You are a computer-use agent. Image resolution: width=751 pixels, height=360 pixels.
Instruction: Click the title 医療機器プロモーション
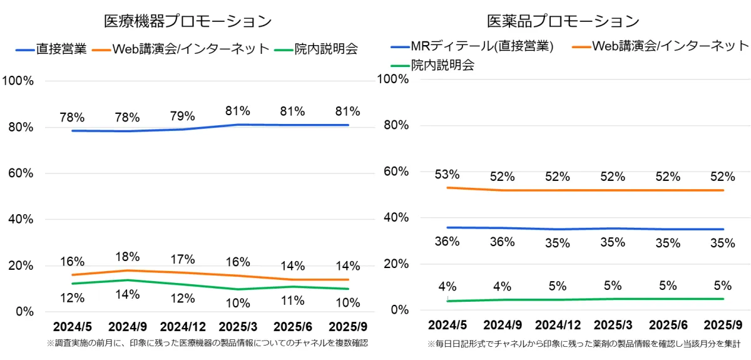[x=188, y=21]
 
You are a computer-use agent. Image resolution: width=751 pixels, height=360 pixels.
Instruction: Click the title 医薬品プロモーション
[x=563, y=21]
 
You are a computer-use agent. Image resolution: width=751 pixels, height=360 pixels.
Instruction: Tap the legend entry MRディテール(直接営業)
[x=483, y=46]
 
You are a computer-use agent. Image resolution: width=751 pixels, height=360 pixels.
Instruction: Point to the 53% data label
[x=447, y=174]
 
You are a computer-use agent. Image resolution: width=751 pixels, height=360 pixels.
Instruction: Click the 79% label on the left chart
[x=182, y=116]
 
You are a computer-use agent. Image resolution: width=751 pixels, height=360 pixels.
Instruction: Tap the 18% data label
[x=128, y=257]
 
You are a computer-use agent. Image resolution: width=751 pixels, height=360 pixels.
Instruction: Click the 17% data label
[x=182, y=259]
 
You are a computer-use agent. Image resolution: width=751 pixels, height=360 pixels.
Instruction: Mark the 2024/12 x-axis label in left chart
[x=182, y=327]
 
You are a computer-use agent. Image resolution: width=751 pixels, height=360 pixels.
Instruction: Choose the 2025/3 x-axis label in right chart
[x=612, y=326]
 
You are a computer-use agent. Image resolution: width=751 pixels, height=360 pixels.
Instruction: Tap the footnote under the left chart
[x=207, y=343]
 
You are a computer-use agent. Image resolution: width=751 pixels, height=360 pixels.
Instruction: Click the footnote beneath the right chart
[x=584, y=344]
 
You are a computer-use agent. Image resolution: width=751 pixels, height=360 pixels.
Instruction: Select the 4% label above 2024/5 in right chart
[x=447, y=287]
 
